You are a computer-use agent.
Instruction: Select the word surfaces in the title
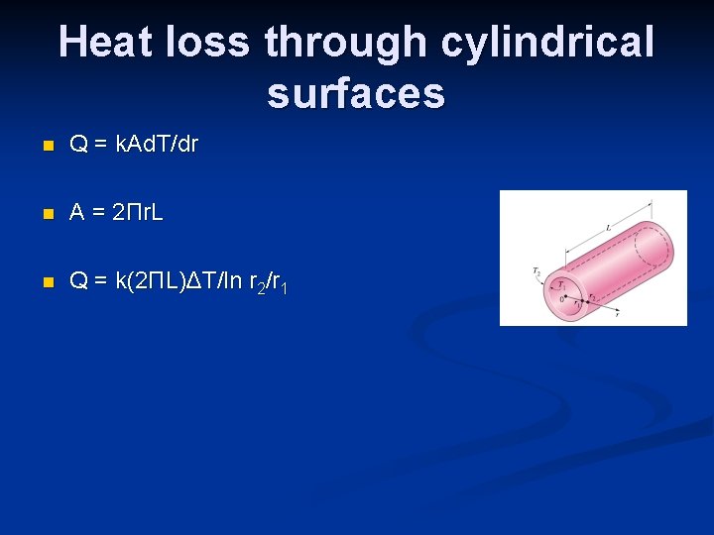tap(356, 93)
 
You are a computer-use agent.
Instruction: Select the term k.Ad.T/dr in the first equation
tap(157, 145)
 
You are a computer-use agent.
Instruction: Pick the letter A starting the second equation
tap(76, 213)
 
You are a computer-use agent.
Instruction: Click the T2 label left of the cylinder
tap(535, 269)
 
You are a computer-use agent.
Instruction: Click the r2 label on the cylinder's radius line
tap(591, 294)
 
